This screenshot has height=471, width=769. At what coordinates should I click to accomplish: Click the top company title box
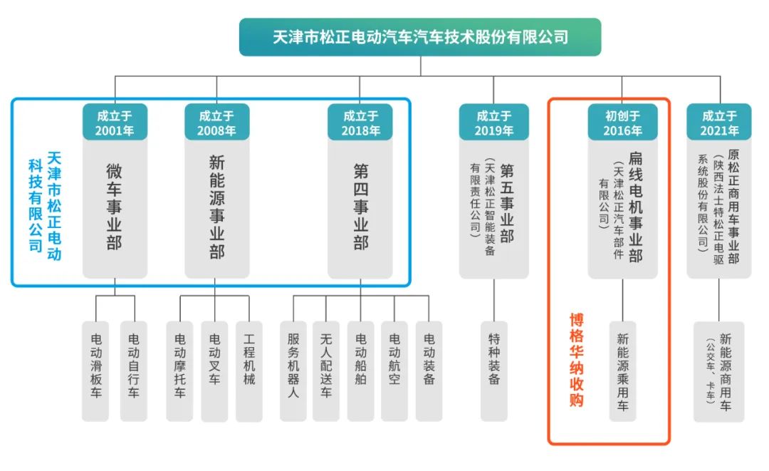tap(420, 36)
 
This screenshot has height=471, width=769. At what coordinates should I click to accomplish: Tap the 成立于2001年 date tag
tap(115, 123)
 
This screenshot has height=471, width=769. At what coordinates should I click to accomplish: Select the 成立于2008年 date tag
tap(216, 123)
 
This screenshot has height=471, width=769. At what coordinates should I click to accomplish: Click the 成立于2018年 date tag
tap(361, 123)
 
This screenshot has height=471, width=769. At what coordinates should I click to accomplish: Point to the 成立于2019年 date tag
tap(494, 123)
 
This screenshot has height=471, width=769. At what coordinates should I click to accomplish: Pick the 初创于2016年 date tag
tap(622, 123)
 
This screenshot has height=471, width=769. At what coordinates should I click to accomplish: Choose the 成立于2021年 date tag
tap(720, 123)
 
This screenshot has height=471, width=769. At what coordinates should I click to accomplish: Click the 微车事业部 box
tap(115, 207)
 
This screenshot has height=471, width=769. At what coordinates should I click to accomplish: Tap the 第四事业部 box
tap(361, 207)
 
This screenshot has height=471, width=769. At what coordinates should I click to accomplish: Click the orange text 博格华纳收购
tap(576, 360)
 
